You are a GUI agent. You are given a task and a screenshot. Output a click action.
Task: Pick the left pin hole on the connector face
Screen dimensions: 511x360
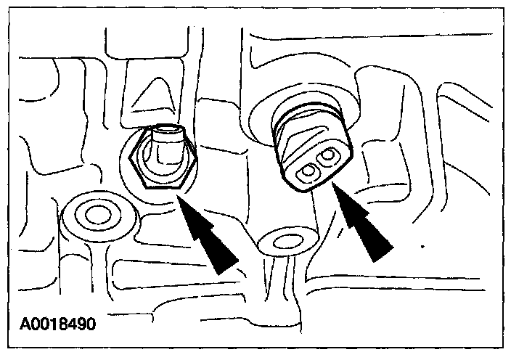(308, 171)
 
